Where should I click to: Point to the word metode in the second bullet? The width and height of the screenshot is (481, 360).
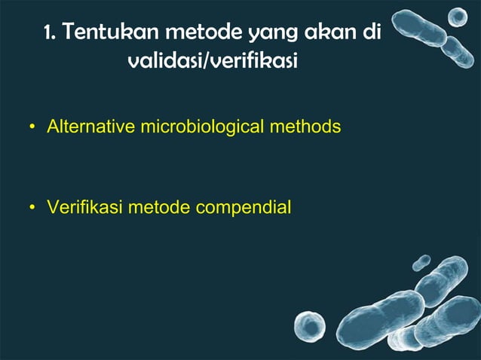point(157,206)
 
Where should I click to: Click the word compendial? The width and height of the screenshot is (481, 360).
point(242,206)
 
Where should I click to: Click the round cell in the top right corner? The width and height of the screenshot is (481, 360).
point(458,15)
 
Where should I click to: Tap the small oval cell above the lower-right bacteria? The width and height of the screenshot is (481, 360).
point(421,261)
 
